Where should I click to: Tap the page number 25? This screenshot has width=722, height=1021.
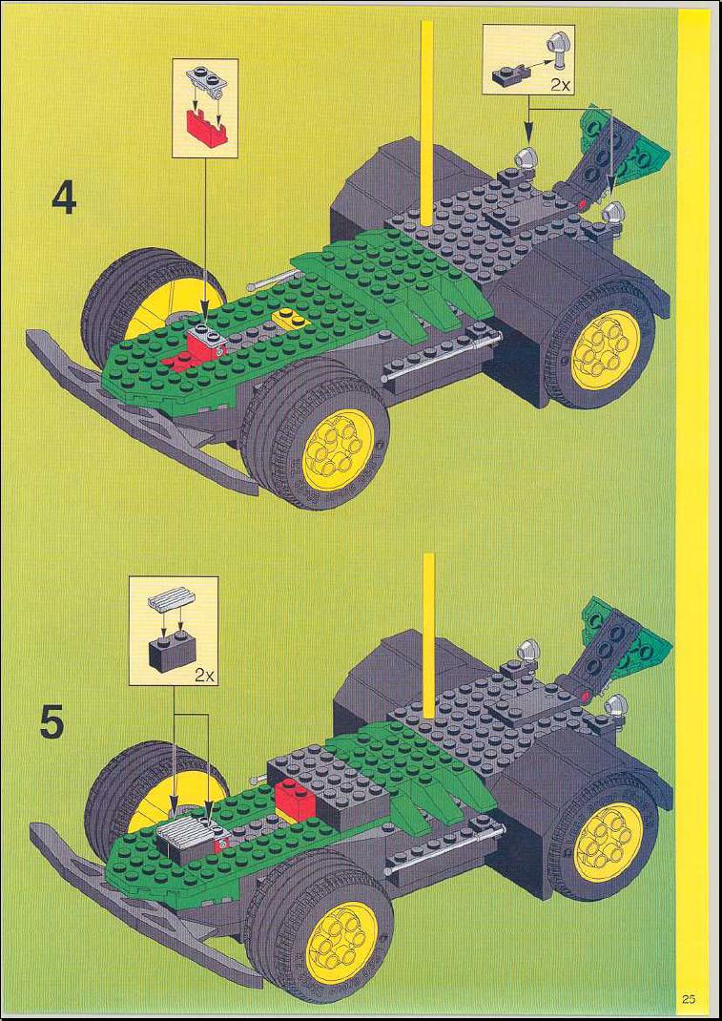pyautogui.click(x=689, y=999)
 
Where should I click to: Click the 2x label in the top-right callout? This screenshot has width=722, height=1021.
pyautogui.click(x=559, y=84)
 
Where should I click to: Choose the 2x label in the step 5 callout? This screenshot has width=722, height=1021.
pyautogui.click(x=205, y=675)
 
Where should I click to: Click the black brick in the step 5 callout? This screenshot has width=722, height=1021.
pyautogui.click(x=173, y=649)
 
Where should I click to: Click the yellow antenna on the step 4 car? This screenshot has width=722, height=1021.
pyautogui.click(x=427, y=124)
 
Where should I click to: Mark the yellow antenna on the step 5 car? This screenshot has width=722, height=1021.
pyautogui.click(x=428, y=636)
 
